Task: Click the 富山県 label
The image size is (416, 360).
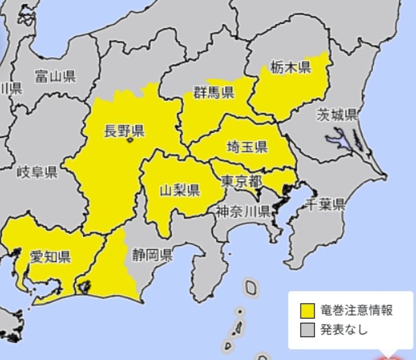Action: (x=56, y=77)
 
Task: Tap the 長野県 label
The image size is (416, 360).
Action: (x=124, y=130)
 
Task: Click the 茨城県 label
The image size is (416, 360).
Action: (x=337, y=115)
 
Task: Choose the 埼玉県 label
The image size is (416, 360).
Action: (x=247, y=147)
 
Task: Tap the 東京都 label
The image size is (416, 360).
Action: (x=241, y=181)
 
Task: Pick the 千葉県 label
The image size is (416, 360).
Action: (x=325, y=204)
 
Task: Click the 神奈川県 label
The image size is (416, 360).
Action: (x=242, y=211)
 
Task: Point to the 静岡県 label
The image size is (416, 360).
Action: (x=152, y=255)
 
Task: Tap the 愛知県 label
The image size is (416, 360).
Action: (x=50, y=256)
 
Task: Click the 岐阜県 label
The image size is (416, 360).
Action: (x=36, y=172)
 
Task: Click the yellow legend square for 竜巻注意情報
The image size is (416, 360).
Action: (x=307, y=311)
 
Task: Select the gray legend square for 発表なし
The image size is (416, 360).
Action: (x=307, y=329)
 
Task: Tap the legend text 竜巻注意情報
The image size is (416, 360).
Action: (x=356, y=311)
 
